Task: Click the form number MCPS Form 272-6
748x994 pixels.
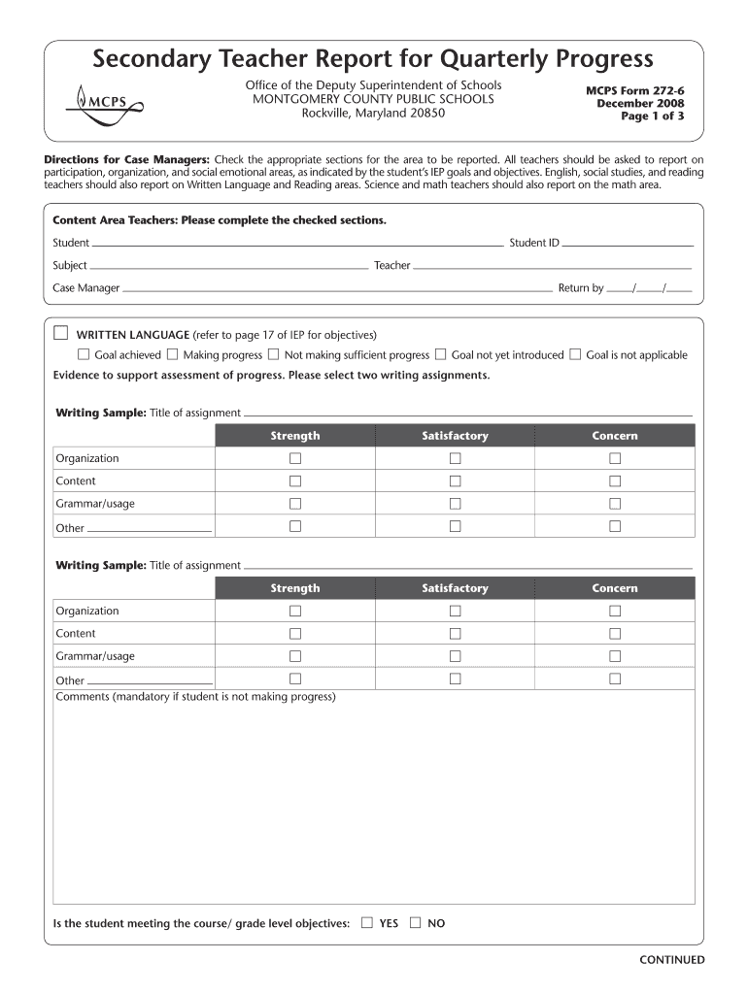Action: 634,90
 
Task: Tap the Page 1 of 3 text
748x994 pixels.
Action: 653,116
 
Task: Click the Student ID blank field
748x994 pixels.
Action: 628,244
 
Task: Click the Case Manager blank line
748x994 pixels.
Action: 336,289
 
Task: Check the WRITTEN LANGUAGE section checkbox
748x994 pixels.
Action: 61,333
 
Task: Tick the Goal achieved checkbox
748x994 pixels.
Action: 84,354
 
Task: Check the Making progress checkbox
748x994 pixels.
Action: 172,354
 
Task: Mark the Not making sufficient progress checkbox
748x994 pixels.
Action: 273,354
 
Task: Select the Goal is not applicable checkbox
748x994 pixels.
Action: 575,354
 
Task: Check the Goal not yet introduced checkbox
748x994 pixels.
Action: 440,354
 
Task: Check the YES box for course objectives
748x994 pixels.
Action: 366,922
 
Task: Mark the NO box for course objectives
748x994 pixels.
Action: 416,922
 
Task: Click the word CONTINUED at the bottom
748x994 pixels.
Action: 671,960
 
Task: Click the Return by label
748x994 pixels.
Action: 581,288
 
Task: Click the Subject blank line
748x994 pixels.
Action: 228,266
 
